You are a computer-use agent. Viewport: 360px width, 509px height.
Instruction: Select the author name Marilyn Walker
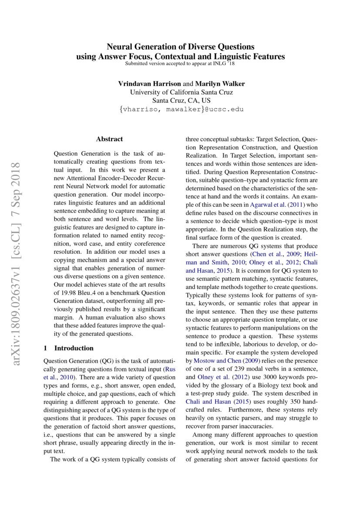pyautogui.click(x=220, y=84)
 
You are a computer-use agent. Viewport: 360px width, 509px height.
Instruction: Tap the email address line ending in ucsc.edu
pyautogui.click(x=181, y=109)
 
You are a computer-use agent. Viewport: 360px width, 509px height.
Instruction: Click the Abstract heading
pyautogui.click(x=109, y=139)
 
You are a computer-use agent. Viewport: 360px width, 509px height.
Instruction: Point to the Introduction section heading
pyautogui.click(x=74, y=348)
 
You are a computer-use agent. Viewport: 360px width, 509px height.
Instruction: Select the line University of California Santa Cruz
pyautogui.click(x=181, y=92)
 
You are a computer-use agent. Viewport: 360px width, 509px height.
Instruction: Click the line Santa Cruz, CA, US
pyautogui.click(x=181, y=101)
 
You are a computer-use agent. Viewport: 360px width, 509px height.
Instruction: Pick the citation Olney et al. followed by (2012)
pyautogui.click(x=212, y=377)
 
